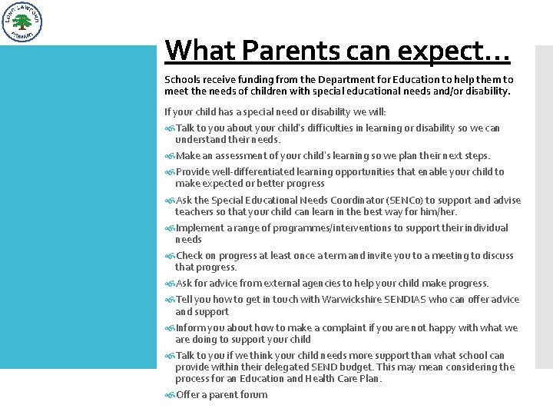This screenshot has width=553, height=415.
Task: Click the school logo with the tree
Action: pos(23,22)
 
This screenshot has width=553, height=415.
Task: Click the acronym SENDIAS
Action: pos(429,300)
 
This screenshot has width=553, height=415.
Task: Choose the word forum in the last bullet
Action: pos(253,395)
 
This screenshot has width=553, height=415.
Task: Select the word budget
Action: pos(359,367)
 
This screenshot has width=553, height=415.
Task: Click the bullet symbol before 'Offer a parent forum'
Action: pos(170,396)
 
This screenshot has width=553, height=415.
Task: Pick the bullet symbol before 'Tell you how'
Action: pos(170,300)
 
